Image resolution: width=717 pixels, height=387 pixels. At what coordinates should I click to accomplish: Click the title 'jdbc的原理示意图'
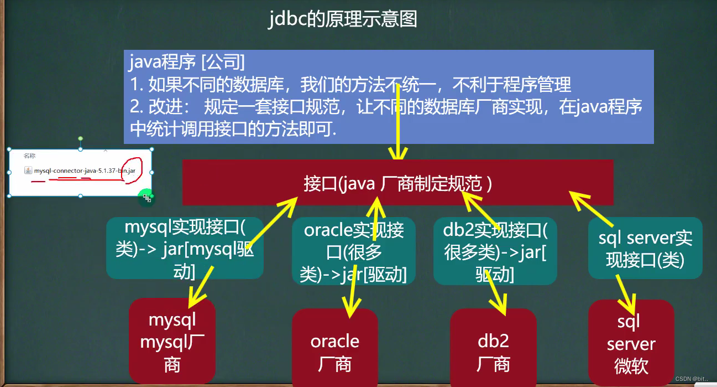343,19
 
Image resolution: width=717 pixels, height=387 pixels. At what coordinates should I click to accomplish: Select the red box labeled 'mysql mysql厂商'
171,342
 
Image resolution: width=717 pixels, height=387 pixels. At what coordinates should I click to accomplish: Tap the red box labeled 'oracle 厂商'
334,352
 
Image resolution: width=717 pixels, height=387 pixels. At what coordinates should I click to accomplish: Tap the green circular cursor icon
146,197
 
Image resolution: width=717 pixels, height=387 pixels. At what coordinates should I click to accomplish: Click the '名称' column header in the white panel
29,157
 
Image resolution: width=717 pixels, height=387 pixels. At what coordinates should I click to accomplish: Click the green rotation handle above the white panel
81,138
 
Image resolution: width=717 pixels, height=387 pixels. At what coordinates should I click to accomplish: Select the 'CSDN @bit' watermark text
694,378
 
